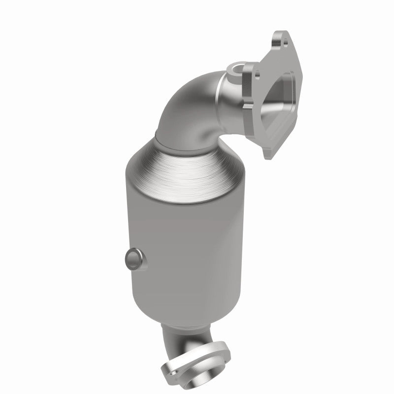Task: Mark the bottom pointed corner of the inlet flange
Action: click(x=268, y=155)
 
